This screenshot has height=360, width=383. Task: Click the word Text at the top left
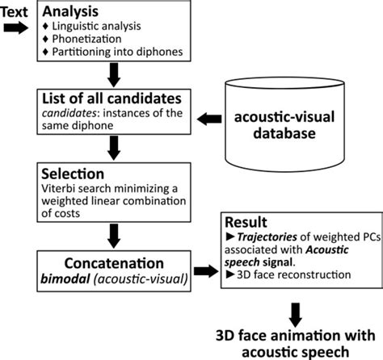16,10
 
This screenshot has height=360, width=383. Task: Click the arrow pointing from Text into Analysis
16,27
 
